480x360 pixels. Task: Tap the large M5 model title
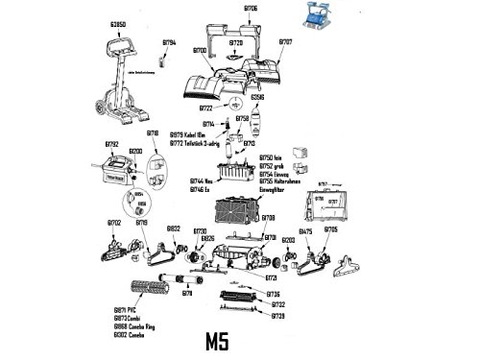[231, 341]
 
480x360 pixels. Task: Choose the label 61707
[285, 44]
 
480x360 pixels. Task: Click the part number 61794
[169, 44]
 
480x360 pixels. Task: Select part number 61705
[331, 230]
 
